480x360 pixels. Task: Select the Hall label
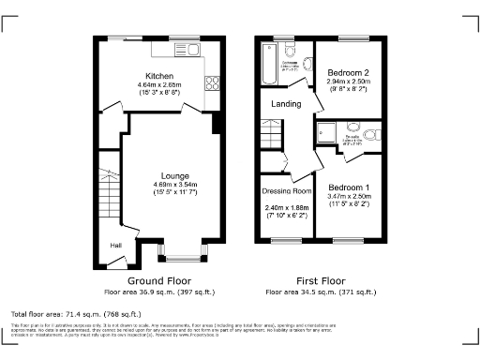pos(116,245)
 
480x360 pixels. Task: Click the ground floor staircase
pos(107,198)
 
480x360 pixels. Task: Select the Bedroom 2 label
pos(349,71)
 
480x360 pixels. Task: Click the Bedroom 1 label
pos(349,187)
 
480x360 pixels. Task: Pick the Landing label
pos(287,104)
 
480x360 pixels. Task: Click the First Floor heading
pos(321,280)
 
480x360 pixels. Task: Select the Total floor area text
pos(76,312)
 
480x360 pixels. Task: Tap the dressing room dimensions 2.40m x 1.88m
pos(287,207)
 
